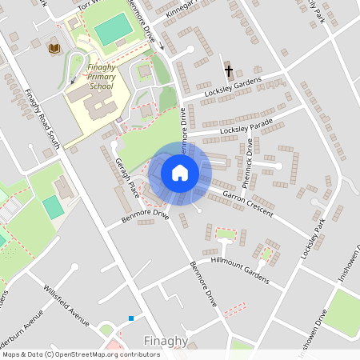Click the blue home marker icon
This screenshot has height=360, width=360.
coord(180,173)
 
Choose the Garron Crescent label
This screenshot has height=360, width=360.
coord(248,203)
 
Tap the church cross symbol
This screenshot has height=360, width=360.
coord(229,71)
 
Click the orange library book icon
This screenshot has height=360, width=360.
coord(54,50)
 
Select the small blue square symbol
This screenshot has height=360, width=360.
coord(131,318)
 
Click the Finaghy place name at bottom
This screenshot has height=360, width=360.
coord(166,342)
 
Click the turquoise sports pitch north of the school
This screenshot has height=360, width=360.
coord(113,29)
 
